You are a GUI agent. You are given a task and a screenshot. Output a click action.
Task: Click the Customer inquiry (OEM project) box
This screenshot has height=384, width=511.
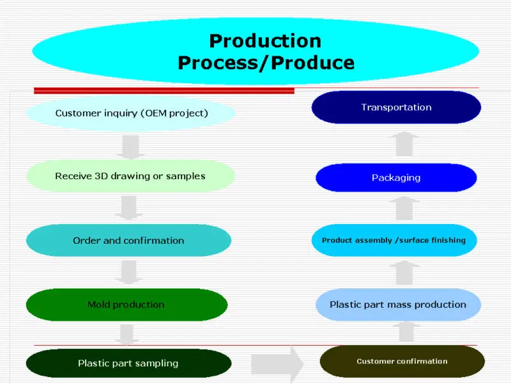(130, 113)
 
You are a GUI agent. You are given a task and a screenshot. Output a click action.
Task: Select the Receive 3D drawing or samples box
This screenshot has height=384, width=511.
(130, 176)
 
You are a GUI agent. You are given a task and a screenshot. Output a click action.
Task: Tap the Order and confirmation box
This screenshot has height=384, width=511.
(128, 241)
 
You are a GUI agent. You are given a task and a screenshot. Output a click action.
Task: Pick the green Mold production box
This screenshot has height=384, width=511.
(126, 305)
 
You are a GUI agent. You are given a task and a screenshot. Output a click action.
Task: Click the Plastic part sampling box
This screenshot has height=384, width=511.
(128, 363)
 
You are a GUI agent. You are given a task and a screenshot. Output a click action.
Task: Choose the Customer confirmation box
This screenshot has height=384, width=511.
(402, 362)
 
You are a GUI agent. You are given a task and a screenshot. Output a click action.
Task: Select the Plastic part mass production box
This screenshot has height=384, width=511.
(398, 305)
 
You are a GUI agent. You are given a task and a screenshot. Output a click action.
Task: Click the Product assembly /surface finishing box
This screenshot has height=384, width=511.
(394, 241)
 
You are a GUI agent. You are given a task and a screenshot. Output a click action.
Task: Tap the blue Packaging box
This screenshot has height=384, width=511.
(396, 177)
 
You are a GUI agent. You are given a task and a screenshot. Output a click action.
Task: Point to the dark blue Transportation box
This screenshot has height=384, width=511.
(396, 108)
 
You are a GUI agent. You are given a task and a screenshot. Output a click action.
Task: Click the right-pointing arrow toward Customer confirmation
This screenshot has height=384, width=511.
(277, 364)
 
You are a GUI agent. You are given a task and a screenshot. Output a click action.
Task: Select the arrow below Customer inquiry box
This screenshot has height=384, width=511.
(130, 146)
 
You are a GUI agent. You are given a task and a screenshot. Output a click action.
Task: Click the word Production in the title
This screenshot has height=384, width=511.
(265, 41)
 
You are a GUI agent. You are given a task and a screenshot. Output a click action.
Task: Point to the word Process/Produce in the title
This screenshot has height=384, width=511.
(265, 63)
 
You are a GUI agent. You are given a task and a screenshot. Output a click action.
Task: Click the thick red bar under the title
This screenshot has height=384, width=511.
(164, 91)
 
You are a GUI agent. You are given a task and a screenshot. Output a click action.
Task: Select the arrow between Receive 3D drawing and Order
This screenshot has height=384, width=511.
(130, 208)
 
